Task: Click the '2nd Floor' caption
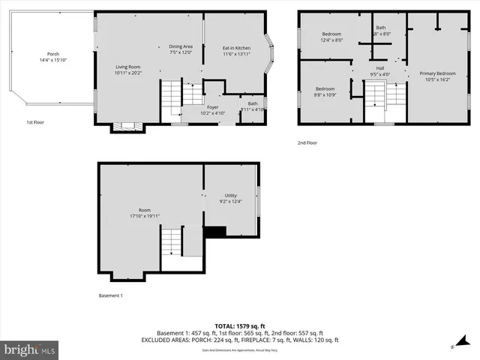(307, 142)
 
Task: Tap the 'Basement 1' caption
(110, 295)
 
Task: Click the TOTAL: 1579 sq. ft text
(239, 325)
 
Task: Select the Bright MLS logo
(30, 349)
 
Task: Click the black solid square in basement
(215, 232)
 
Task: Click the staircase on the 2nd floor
(375, 94)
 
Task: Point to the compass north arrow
(454, 346)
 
